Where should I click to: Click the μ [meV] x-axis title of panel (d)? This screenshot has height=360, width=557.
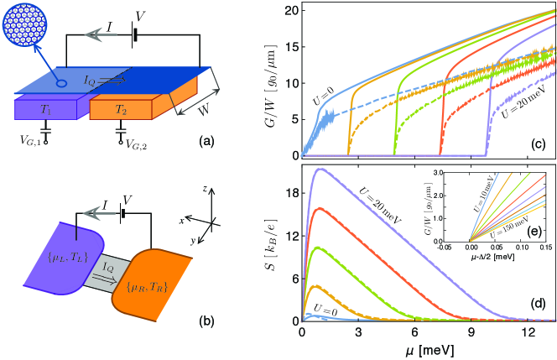click(x=428, y=349)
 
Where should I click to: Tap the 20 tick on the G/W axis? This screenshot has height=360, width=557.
click(x=289, y=10)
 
